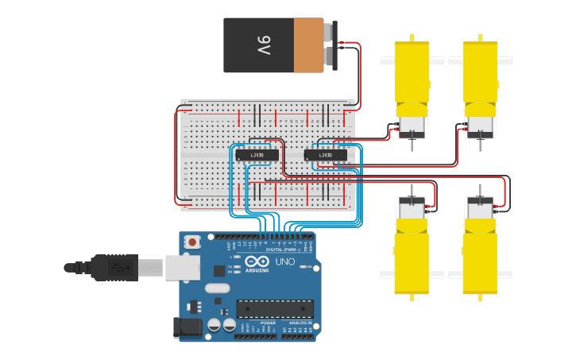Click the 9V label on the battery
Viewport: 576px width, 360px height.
pos(264,45)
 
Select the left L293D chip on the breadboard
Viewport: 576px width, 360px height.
pos(257,154)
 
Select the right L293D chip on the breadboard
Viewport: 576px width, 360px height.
pos(326,154)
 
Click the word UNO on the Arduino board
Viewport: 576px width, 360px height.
pos(284,261)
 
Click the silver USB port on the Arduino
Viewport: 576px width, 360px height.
pos(182,268)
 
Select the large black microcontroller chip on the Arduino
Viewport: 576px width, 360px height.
pos(274,308)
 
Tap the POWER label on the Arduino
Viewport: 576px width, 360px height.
pos(268,323)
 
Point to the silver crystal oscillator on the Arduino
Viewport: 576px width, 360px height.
pos(216,288)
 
